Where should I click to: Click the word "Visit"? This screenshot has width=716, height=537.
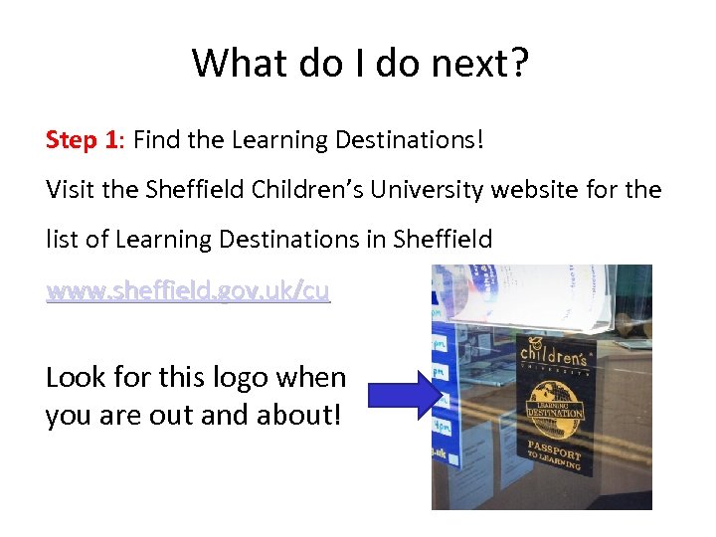(x=70, y=189)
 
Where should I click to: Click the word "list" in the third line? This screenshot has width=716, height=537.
(x=62, y=240)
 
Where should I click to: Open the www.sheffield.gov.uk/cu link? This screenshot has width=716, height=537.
(x=187, y=291)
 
